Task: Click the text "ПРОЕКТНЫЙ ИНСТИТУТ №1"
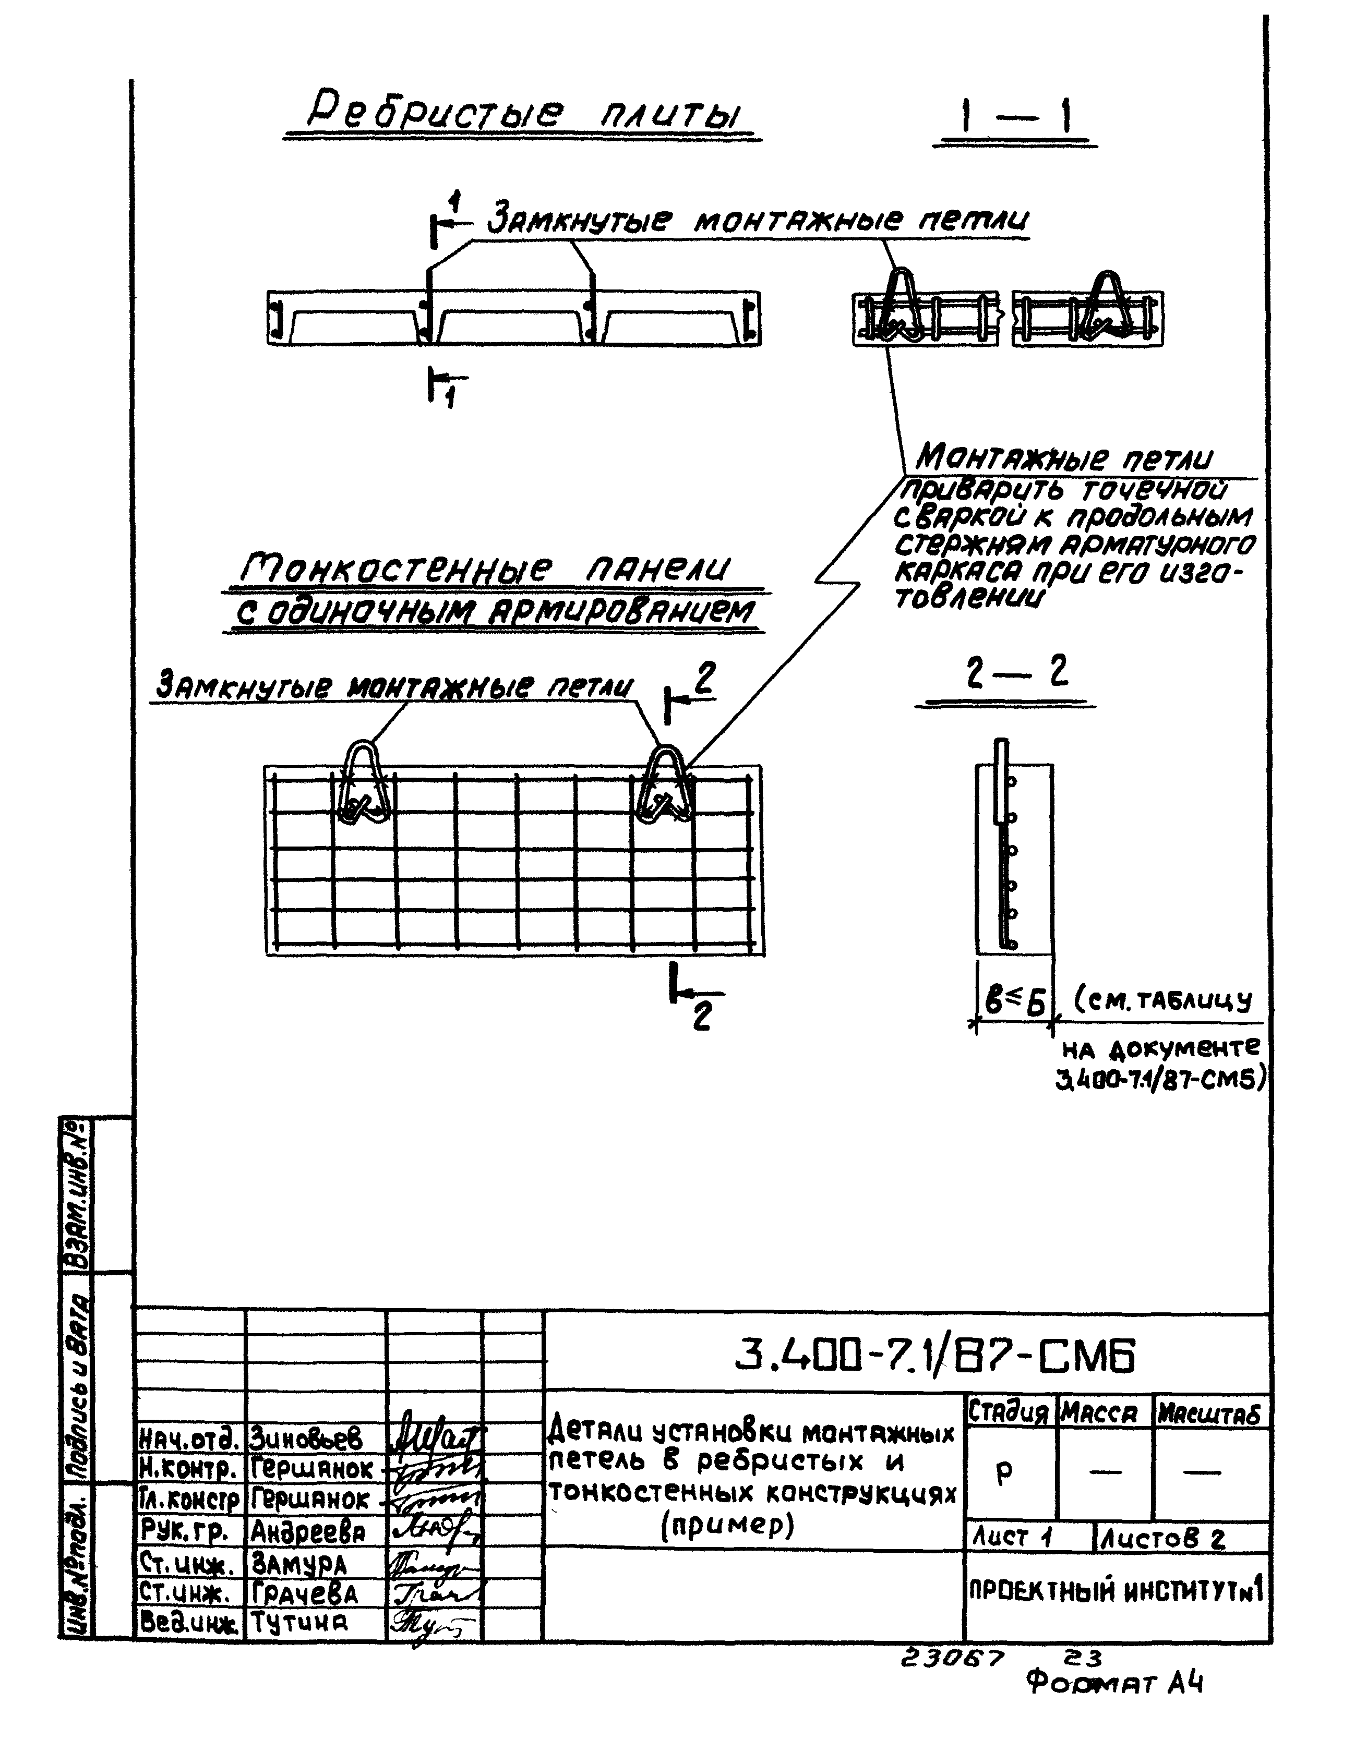click(1116, 1591)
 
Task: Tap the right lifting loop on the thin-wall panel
click(665, 783)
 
